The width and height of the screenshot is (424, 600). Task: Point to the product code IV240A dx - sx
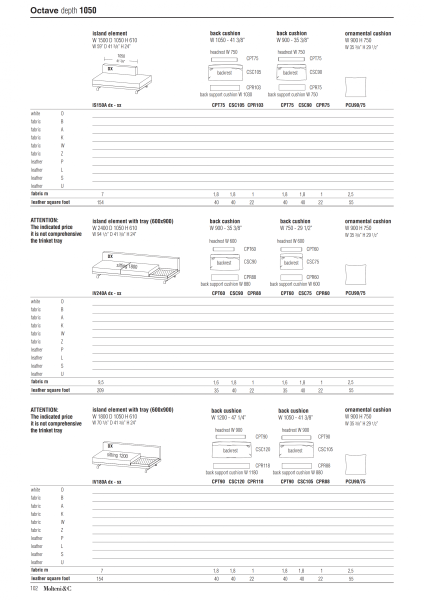(x=106, y=293)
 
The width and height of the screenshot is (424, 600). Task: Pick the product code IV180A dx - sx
(x=106, y=482)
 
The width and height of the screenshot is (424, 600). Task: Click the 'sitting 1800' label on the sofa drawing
(x=127, y=266)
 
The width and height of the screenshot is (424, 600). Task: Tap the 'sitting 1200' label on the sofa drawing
(x=117, y=455)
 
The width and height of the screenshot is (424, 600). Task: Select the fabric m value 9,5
(x=101, y=382)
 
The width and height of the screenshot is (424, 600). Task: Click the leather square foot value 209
(x=100, y=390)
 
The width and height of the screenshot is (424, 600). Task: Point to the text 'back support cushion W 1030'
(x=226, y=94)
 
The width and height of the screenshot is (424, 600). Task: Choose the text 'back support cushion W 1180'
(x=231, y=472)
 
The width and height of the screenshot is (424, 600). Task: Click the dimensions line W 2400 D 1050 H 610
(x=114, y=228)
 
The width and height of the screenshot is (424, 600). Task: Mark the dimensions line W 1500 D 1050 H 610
(x=114, y=40)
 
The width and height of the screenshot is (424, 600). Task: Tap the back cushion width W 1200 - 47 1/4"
(x=228, y=417)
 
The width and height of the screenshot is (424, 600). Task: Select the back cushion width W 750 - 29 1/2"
(x=296, y=227)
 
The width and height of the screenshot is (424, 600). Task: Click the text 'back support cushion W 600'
(x=294, y=284)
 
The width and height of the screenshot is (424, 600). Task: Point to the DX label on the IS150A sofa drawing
(x=110, y=68)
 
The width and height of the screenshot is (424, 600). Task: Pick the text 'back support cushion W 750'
(x=292, y=94)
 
